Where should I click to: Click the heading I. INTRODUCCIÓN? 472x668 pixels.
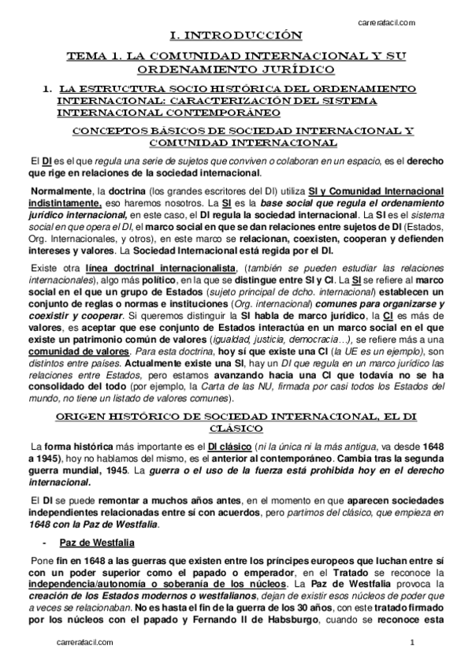click(236, 36)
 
